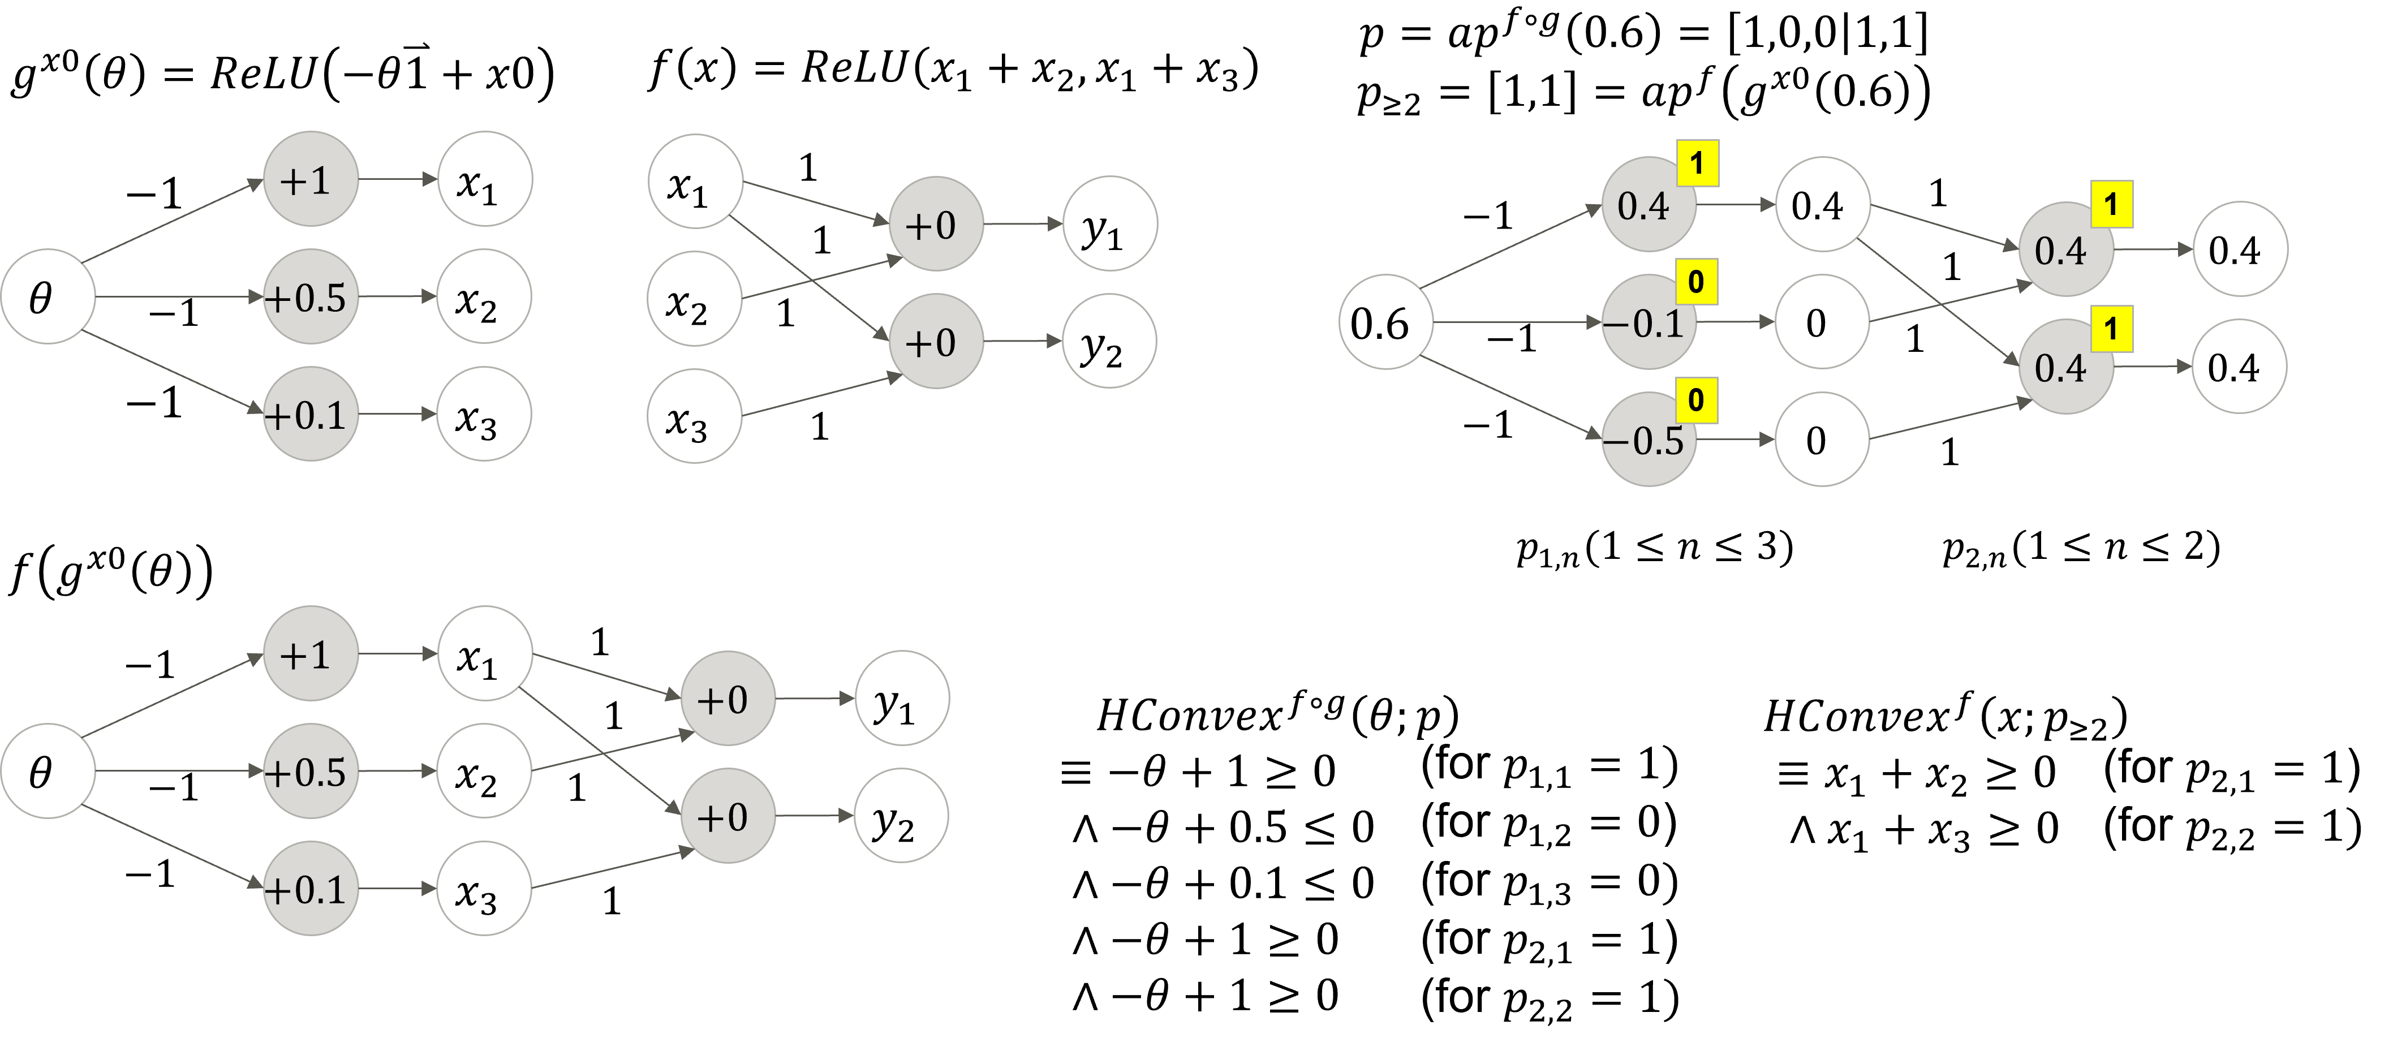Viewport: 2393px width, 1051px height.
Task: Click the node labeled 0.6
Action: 1385,322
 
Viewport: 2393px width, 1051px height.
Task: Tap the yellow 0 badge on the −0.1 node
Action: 1696,282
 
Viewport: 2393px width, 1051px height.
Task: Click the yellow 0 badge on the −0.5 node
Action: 1696,399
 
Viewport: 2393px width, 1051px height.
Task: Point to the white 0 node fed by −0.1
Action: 1820,322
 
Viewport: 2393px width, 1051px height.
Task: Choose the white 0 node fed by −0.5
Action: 1820,440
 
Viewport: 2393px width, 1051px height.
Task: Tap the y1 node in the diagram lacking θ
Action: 1109,224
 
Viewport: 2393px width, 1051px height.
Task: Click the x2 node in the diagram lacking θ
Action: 694,298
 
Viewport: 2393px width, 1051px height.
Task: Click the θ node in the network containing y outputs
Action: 48,772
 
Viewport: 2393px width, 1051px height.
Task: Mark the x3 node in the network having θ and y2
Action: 483,889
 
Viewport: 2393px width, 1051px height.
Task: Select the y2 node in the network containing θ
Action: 900,816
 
